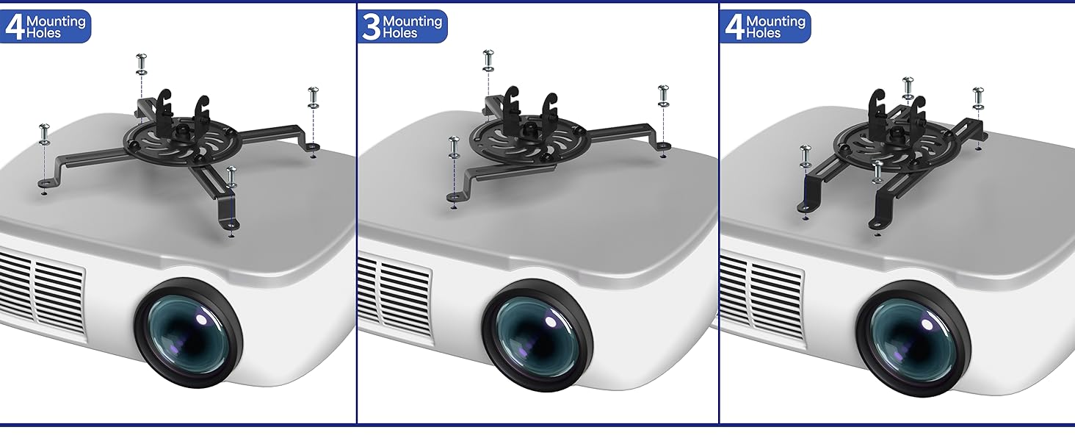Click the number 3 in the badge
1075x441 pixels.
click(371, 26)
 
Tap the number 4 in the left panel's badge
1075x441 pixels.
click(14, 26)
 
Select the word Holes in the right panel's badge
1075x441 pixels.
click(764, 33)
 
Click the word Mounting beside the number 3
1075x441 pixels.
click(413, 21)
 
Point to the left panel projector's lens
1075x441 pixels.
click(188, 334)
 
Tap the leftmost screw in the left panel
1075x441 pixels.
click(44, 133)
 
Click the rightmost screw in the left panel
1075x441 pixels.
click(314, 96)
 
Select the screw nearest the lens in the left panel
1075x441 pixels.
click(232, 176)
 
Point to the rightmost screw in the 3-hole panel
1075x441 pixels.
click(663, 94)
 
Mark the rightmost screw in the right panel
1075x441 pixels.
click(978, 96)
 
